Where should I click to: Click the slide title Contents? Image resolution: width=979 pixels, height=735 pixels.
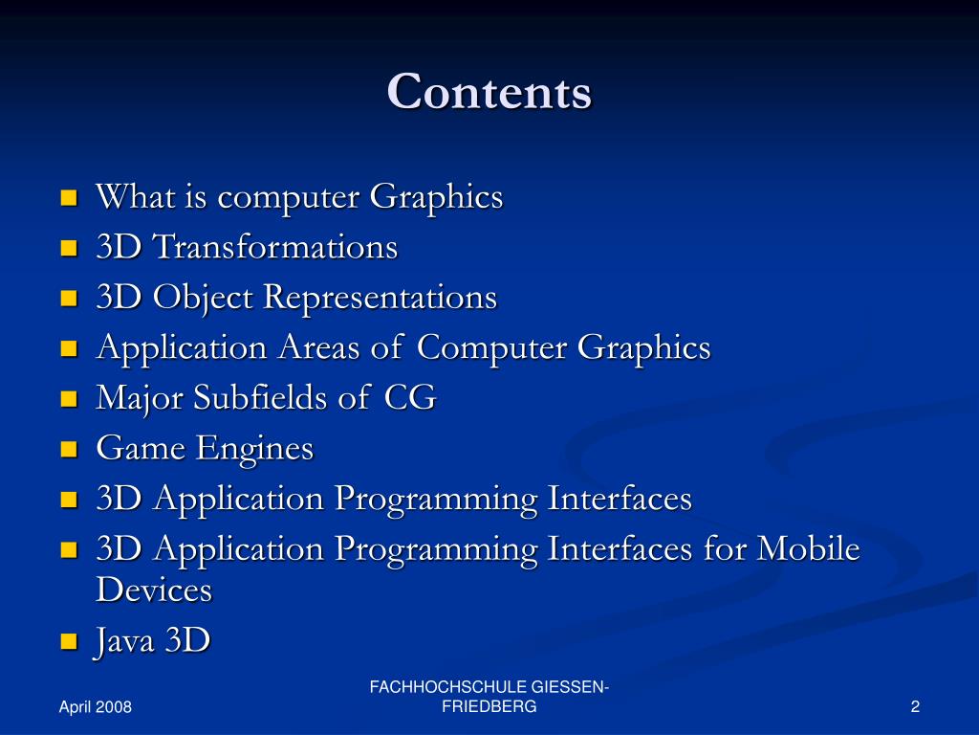(x=489, y=93)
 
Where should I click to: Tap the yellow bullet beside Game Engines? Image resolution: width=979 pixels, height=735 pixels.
(x=68, y=448)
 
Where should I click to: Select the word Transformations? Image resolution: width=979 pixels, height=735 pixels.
(x=275, y=248)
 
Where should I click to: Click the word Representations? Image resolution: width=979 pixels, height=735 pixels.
(x=380, y=299)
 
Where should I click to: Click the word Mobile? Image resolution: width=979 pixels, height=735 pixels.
(x=808, y=549)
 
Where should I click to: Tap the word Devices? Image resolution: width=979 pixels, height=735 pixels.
(x=153, y=590)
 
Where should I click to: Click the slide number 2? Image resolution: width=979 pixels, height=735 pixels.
(x=915, y=707)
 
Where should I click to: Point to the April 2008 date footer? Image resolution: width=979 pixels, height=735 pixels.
(x=95, y=707)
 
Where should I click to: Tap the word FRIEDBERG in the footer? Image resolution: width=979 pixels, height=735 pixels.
(x=489, y=707)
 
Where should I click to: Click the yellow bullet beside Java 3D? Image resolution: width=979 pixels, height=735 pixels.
(x=68, y=641)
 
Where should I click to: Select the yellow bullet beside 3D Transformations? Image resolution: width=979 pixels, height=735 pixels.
(x=68, y=248)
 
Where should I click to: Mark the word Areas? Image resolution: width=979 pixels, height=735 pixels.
(x=318, y=348)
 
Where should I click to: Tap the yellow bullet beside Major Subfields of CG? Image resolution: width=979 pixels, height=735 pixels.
(x=68, y=398)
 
